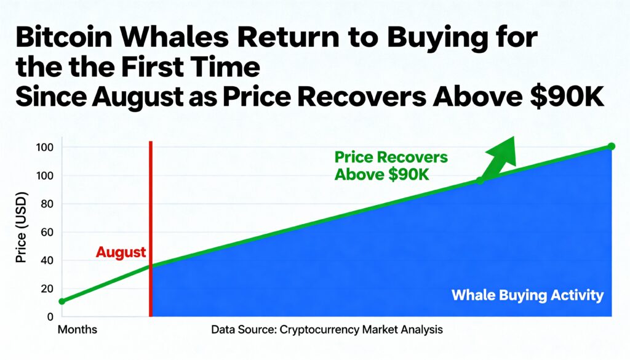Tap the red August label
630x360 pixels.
pyautogui.click(x=121, y=252)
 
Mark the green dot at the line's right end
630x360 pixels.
pyautogui.click(x=611, y=146)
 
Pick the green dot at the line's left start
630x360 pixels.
pyautogui.click(x=62, y=302)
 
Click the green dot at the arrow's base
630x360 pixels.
pyautogui.click(x=480, y=180)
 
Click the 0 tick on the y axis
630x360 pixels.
pyautogui.click(x=49, y=316)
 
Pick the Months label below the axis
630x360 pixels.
pyautogui.click(x=78, y=330)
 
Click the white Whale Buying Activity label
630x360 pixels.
pyautogui.click(x=527, y=295)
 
